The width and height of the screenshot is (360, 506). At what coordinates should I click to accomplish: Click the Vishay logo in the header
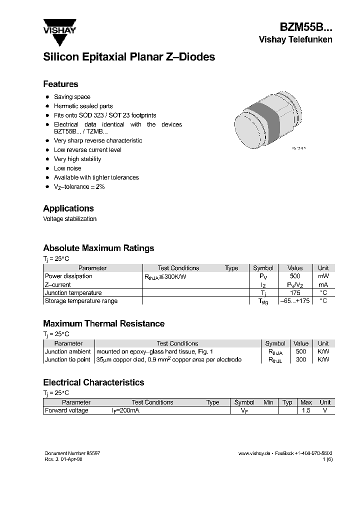pyautogui.click(x=59, y=26)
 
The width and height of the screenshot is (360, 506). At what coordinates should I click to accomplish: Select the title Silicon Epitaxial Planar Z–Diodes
pyautogui.click(x=129, y=57)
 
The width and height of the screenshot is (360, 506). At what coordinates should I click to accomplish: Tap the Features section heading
pyautogui.click(x=60, y=84)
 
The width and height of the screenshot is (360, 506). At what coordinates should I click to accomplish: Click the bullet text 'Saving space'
pyautogui.click(x=72, y=97)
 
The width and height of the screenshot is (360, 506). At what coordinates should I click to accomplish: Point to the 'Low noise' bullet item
pyautogui.click(x=67, y=168)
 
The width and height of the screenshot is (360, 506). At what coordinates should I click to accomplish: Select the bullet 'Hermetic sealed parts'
pyautogui.click(x=83, y=106)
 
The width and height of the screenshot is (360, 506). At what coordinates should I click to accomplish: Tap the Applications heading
pyautogui.click(x=68, y=208)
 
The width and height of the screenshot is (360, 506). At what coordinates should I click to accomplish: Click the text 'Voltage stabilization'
pyautogui.click(x=69, y=219)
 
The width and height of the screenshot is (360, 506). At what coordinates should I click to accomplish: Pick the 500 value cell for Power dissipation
pyautogui.click(x=295, y=276)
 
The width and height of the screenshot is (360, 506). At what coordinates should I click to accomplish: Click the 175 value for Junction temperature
pyautogui.click(x=295, y=293)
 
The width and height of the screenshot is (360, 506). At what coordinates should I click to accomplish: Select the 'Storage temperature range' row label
pyautogui.click(x=81, y=301)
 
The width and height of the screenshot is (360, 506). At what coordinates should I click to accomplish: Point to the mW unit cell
pyautogui.click(x=323, y=276)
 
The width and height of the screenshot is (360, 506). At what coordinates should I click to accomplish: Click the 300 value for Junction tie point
pyautogui.click(x=300, y=359)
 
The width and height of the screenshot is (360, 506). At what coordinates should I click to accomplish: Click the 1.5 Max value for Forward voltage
pyautogui.click(x=306, y=410)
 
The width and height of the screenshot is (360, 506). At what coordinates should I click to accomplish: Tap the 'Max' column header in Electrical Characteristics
pyautogui.click(x=306, y=402)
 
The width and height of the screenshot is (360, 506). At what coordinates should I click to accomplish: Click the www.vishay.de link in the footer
pyautogui.click(x=254, y=453)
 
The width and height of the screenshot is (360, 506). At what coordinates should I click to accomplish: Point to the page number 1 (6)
pyautogui.click(x=327, y=459)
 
